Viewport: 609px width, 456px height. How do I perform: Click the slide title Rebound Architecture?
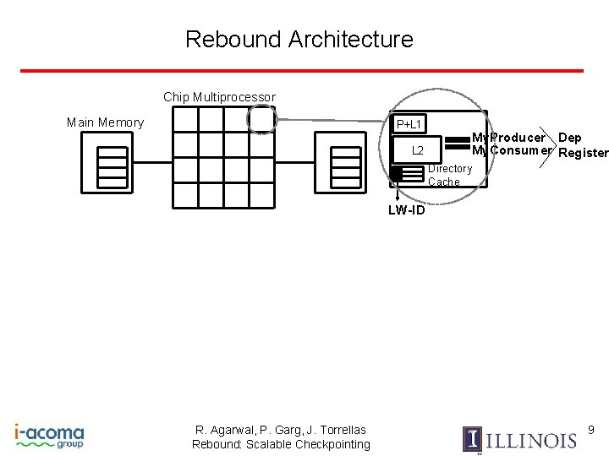click(299, 40)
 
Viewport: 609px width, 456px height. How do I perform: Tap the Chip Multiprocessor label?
click(219, 97)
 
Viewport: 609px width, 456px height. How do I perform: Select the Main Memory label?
click(105, 122)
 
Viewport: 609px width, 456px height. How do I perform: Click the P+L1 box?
click(409, 125)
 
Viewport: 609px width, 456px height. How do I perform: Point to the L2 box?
click(418, 151)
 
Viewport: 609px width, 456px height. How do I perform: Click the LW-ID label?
click(407, 210)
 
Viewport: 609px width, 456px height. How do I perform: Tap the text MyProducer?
click(508, 138)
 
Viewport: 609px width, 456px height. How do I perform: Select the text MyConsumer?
click(512, 151)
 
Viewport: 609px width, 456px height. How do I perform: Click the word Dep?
click(570, 138)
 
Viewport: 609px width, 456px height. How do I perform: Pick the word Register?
click(583, 153)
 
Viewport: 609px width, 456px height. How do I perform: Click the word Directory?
click(450, 169)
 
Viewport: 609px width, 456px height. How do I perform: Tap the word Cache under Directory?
click(444, 182)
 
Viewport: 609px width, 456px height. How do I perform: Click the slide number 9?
click(591, 431)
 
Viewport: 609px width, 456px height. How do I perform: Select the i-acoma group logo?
click(49, 436)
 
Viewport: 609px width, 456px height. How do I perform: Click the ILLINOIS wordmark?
click(531, 440)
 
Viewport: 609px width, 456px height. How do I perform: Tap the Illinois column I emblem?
click(473, 439)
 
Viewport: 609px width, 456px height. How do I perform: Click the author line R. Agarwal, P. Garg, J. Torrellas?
click(281, 430)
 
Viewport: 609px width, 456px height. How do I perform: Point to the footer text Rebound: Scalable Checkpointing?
click(281, 444)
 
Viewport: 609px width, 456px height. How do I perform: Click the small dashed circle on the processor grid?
click(262, 120)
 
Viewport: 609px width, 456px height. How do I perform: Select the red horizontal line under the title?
click(302, 70)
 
